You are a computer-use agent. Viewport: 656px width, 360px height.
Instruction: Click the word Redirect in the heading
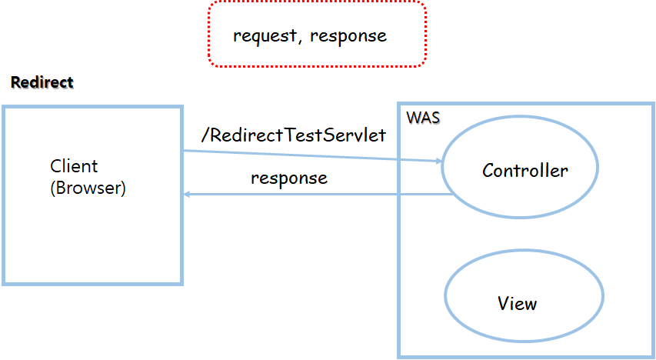[x=42, y=82]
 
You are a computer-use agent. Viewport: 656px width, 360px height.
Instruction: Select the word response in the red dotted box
[x=348, y=36]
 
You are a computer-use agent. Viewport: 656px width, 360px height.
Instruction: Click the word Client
[x=75, y=166]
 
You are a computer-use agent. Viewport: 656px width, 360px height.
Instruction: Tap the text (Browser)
[x=88, y=188]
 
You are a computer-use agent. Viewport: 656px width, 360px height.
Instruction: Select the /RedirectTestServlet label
[x=293, y=135]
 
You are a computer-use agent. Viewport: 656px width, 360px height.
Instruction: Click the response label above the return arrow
[x=289, y=178]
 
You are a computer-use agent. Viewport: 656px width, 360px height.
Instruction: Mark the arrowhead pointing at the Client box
[x=187, y=195]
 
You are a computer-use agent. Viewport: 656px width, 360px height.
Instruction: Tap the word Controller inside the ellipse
[x=525, y=170]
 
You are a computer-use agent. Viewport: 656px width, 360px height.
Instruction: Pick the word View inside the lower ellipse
[x=517, y=303]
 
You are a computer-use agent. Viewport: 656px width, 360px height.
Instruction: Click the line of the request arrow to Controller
[x=308, y=156]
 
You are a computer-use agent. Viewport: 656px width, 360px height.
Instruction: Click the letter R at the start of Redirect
[x=15, y=82]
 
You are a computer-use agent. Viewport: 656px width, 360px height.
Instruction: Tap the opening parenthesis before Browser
[x=53, y=188]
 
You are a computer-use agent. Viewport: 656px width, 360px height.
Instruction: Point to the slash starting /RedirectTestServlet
[x=205, y=135]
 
